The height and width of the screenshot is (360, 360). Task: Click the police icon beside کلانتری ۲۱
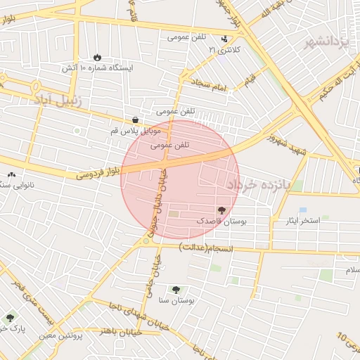point(224,39)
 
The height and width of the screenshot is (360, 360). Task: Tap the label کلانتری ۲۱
point(224,50)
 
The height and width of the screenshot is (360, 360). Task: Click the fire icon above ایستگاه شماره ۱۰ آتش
point(97,58)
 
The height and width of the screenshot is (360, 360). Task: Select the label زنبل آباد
point(58,101)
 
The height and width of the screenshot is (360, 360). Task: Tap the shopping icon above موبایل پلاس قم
point(135,120)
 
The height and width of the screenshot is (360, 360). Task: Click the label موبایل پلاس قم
point(136,131)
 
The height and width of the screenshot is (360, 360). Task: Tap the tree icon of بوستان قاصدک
point(221,210)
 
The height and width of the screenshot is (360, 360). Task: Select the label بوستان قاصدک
point(221,221)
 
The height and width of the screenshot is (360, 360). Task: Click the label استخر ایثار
point(298,221)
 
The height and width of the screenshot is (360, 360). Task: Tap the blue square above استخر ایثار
point(303,210)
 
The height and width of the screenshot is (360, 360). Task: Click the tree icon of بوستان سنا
point(175,290)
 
